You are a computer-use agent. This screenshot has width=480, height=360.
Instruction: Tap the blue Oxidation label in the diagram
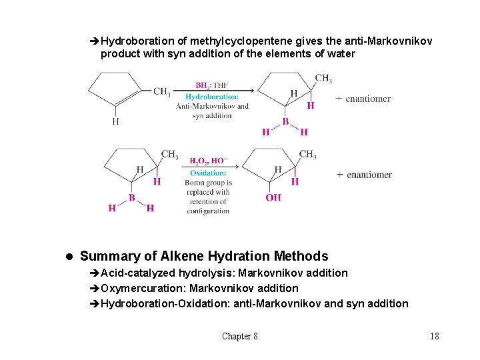(x=209, y=173)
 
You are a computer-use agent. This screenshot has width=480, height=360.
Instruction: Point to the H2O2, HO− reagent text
(x=208, y=161)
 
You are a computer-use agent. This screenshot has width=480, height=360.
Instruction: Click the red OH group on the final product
(x=273, y=197)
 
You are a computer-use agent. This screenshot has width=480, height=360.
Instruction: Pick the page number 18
(x=435, y=336)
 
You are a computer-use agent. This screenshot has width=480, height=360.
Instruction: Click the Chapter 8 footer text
(x=240, y=336)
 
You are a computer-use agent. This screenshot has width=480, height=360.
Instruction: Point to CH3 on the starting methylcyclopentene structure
(x=161, y=91)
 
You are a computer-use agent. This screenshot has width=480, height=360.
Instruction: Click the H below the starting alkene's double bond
(x=115, y=121)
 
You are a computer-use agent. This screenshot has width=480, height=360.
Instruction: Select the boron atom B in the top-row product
(x=285, y=121)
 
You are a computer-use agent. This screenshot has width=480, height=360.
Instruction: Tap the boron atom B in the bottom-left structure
(x=132, y=197)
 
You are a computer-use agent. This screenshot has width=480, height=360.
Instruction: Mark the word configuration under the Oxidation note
(x=208, y=211)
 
